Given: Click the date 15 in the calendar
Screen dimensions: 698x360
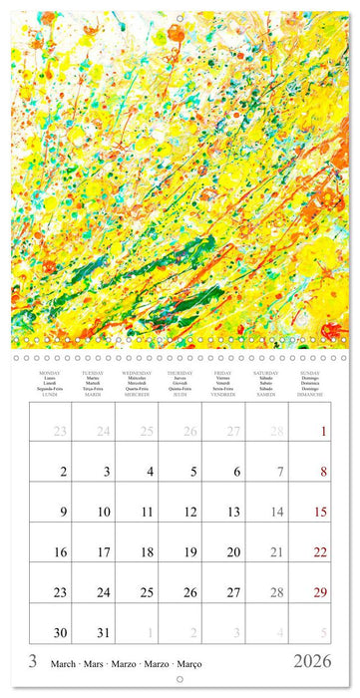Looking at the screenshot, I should [x=320, y=512].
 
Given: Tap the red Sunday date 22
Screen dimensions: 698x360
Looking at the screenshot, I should [x=320, y=551].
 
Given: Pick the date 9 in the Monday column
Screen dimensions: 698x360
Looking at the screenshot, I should [x=62, y=512].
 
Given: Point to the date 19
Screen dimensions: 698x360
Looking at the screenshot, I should [x=189, y=551].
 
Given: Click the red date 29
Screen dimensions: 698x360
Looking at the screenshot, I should [x=320, y=591].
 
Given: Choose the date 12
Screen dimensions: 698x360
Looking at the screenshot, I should [x=189, y=512].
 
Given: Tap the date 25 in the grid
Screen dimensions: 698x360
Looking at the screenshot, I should [x=146, y=591].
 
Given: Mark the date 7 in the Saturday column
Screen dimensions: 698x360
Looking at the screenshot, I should [x=278, y=472].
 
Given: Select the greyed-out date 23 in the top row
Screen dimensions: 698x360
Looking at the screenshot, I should [x=60, y=432].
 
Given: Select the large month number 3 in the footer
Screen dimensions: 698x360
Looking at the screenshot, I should [x=33, y=663].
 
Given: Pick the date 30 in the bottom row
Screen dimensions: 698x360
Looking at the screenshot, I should [x=60, y=631].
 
